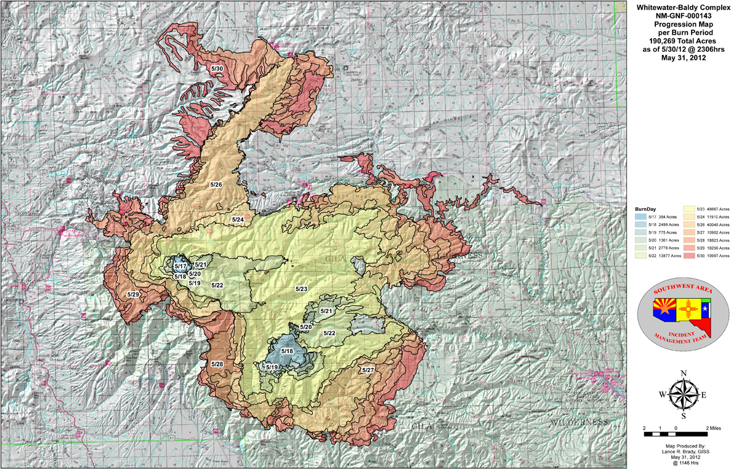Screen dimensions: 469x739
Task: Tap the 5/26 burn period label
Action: click(216, 184)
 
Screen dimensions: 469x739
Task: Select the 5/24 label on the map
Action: click(238, 219)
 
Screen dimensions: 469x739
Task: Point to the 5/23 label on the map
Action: click(301, 288)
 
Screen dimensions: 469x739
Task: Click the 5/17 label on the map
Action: click(180, 266)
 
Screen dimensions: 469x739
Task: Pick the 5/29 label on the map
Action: click(133, 295)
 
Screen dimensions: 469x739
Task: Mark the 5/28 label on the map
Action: click(217, 364)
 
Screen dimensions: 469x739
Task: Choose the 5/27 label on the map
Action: click(368, 370)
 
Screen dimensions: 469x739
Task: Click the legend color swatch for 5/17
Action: click(641, 217)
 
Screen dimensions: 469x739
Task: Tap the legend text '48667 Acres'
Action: click(719, 217)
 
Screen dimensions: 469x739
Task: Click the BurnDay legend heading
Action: click(644, 210)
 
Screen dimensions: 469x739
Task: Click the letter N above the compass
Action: click(682, 373)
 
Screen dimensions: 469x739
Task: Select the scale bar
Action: click(676, 434)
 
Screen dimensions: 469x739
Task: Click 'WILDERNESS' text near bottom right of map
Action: click(579, 422)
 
